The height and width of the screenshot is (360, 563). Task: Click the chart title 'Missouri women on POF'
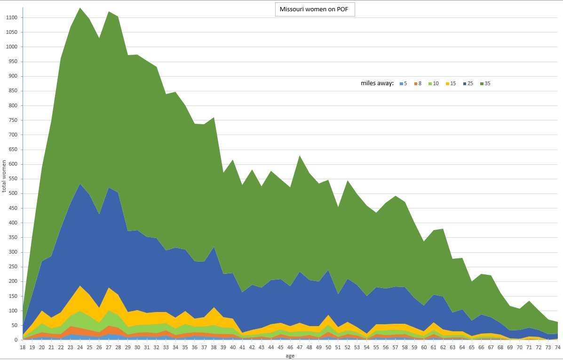click(315, 9)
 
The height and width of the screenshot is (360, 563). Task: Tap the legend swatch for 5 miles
click(401, 84)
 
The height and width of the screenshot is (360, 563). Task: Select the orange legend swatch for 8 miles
click(416, 84)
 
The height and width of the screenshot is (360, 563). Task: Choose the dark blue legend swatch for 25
click(464, 84)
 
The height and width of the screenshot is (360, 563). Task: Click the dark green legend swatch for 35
click(481, 84)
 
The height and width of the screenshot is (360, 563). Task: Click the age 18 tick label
click(22, 347)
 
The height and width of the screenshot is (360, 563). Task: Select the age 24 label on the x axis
click(80, 347)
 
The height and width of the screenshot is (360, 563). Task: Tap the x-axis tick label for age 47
click(300, 347)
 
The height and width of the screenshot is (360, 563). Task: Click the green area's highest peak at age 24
click(80, 8)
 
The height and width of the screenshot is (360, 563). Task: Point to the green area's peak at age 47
click(300, 156)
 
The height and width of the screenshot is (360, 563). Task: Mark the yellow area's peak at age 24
click(80, 286)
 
